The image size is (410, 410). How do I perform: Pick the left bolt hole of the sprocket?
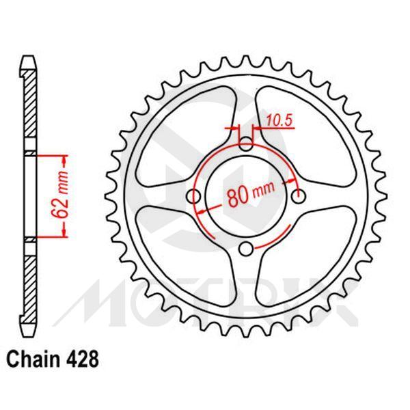[194, 197]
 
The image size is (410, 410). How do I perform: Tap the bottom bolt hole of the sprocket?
[247, 248]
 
